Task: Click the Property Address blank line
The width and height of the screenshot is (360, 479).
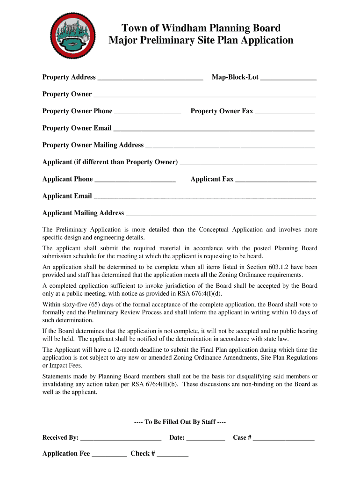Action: pos(150,78)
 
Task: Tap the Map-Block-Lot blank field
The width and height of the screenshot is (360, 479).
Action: pos(288,78)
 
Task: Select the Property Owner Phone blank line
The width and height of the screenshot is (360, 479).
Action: pos(147,112)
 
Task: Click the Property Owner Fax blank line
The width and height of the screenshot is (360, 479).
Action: pos(285,112)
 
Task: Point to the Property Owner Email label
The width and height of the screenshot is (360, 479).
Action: pos(77,128)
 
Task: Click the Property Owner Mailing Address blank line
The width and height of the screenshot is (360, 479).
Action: pos(230,146)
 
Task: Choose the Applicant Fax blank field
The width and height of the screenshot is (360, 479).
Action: pos(275,180)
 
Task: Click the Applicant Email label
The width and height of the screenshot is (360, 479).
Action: pos(67,196)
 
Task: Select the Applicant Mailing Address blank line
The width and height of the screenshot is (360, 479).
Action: pos(221,214)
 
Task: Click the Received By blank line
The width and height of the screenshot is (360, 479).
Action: pos(121,439)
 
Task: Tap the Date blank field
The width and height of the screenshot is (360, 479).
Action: pos(206,439)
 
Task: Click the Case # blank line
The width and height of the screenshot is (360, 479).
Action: pos(284,439)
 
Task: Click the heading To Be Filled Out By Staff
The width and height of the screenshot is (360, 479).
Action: pos(180,422)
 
